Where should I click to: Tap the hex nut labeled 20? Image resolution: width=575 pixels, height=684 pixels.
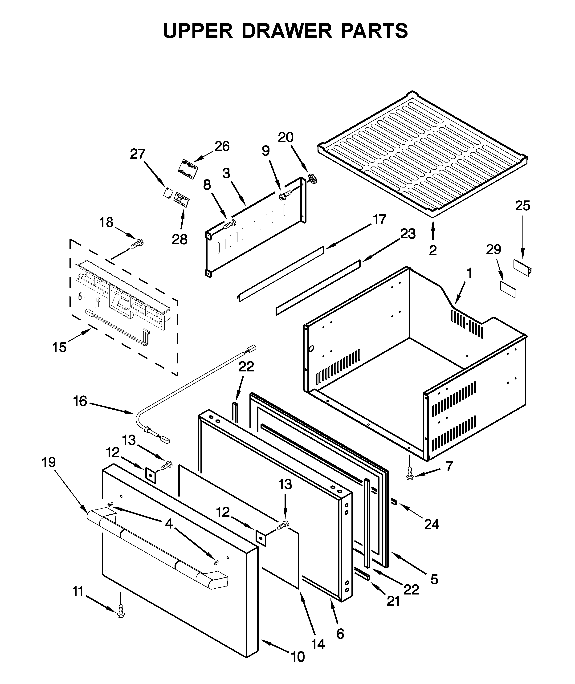pos(312,179)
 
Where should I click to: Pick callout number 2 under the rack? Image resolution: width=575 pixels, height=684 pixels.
pos(433,250)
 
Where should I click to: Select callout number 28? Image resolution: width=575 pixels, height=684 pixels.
pos(179,240)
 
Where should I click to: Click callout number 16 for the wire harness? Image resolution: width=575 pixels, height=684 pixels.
pos(80,401)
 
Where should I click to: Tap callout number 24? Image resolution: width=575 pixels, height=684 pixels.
pos(431,524)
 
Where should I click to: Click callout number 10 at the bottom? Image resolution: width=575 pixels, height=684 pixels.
pos(297,657)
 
